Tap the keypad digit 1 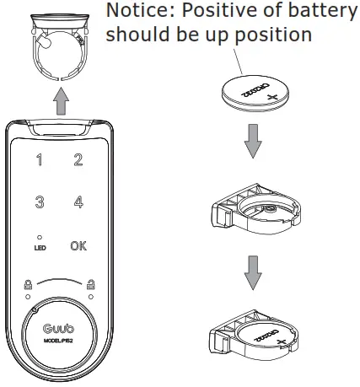pyautogui.click(x=40, y=160)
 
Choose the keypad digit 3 pyautogui.click(x=40, y=203)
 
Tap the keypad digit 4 pyautogui.click(x=78, y=203)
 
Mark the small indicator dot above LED pyautogui.click(x=40, y=238)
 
